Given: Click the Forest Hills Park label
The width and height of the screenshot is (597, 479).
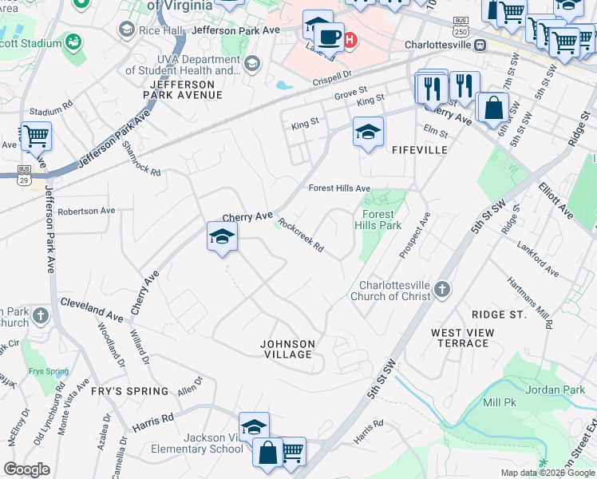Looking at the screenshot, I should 378,220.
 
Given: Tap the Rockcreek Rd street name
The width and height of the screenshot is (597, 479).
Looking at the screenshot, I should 300,236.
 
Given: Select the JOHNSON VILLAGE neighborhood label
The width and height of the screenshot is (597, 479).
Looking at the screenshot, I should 288,349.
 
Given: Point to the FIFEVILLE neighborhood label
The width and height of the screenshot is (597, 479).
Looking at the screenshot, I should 419,149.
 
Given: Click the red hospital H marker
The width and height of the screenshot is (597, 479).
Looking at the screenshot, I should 350,38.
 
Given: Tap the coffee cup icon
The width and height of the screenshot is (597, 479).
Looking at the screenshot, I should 329,36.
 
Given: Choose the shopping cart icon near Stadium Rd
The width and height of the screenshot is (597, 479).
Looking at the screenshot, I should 36,137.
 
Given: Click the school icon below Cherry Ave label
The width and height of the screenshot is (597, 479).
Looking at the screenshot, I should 223,237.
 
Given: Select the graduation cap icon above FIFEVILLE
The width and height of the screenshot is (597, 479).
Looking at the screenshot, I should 368,132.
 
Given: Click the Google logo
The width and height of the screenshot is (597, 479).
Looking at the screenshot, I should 26,469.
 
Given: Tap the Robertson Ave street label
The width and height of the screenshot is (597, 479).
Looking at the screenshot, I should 86,211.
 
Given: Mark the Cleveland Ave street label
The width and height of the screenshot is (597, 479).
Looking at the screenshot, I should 93,307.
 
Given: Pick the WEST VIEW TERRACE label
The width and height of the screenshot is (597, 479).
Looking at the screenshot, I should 460,338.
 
